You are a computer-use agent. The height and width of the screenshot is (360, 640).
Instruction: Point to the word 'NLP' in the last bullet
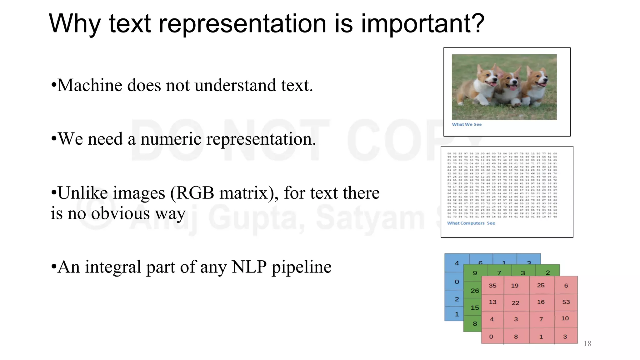(249, 267)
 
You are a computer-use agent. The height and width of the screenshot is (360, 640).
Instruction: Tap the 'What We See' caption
(467, 124)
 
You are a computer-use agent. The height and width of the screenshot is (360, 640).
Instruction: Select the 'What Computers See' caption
(471, 223)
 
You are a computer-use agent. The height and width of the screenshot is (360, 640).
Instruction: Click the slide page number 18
(587, 344)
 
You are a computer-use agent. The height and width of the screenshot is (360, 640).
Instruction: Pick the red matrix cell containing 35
(492, 285)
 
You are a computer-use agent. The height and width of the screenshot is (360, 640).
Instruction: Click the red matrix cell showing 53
(566, 302)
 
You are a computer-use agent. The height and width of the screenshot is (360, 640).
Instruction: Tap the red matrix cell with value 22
(516, 302)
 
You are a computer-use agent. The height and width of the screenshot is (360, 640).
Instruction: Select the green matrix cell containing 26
(475, 291)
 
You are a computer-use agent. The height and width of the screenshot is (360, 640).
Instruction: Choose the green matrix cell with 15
(475, 307)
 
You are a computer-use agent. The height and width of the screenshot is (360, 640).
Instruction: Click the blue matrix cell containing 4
(457, 263)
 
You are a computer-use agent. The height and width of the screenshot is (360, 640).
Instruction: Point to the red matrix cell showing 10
(565, 318)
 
